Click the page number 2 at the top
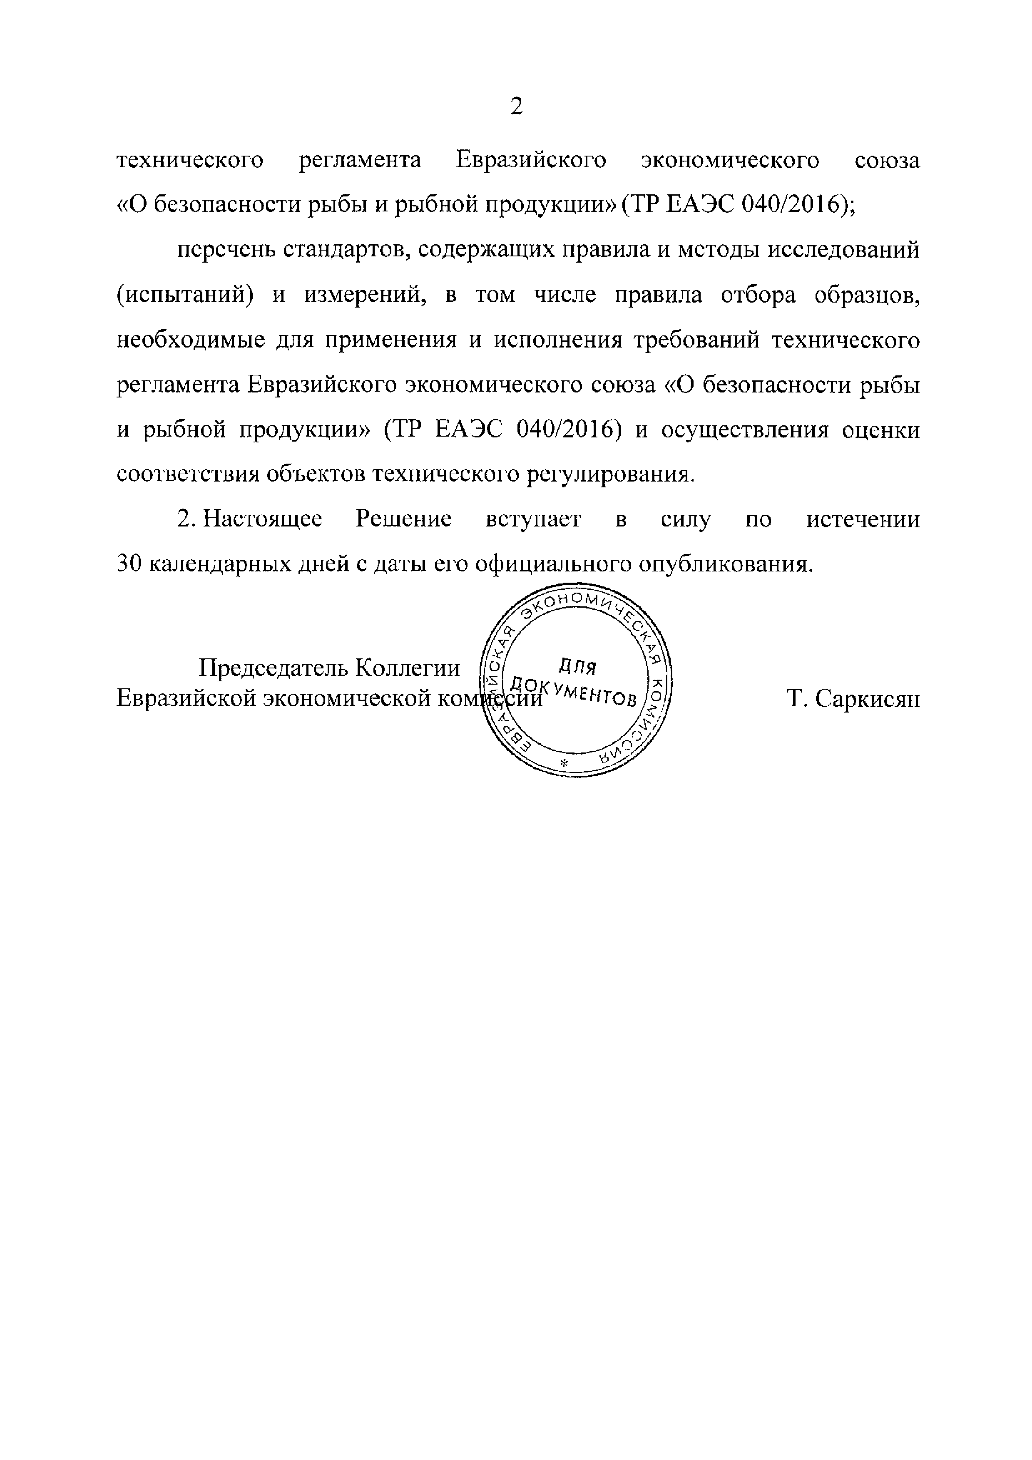coord(516,106)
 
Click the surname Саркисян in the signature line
coord(867,699)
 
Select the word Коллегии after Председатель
coord(407,668)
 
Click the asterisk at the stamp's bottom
coord(562,762)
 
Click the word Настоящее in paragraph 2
coord(263,519)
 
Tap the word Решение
coord(404,519)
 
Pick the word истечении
coord(863,519)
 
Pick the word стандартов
coord(341,251)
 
